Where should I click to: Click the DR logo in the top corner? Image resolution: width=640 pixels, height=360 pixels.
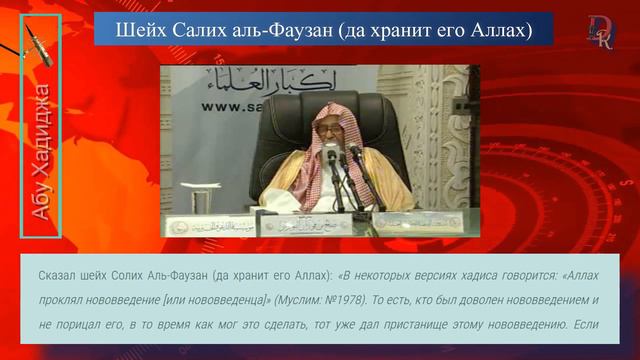pos(600,30)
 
